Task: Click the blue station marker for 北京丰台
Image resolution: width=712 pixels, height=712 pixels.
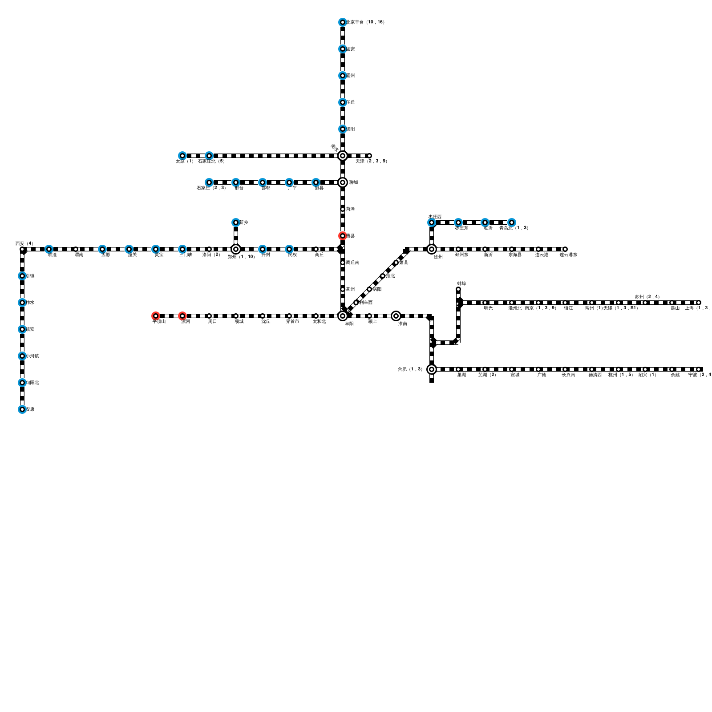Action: pyautogui.click(x=342, y=22)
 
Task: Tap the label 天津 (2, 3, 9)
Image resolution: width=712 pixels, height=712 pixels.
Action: pyautogui.click(x=371, y=161)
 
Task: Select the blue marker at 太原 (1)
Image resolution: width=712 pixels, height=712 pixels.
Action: pyautogui.click(x=182, y=156)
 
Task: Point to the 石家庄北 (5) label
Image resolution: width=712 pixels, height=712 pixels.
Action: pyautogui.click(x=211, y=161)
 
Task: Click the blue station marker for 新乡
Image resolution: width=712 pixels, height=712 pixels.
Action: pyautogui.click(x=235, y=222)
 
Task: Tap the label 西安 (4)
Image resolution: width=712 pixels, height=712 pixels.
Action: pyautogui.click(x=24, y=243)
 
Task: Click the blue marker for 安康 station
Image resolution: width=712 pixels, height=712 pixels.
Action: pyautogui.click(x=22, y=409)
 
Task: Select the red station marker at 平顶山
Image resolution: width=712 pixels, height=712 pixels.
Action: pyautogui.click(x=155, y=316)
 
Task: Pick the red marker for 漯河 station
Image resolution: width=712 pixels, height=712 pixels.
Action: pyautogui.click(x=182, y=316)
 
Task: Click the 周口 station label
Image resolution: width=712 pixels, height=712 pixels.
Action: pyautogui.click(x=212, y=321)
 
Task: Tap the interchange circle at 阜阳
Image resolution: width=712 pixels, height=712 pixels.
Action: pyautogui.click(x=342, y=316)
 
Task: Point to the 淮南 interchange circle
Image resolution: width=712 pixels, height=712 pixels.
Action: pyautogui.click(x=396, y=316)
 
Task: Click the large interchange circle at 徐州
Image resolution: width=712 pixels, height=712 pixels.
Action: pyautogui.click(x=431, y=249)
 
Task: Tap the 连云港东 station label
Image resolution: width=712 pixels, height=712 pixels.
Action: pyautogui.click(x=568, y=255)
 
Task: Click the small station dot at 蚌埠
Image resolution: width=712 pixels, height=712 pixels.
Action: pyautogui.click(x=458, y=290)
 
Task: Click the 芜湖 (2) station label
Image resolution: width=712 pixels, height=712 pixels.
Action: pyautogui.click(x=487, y=375)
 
